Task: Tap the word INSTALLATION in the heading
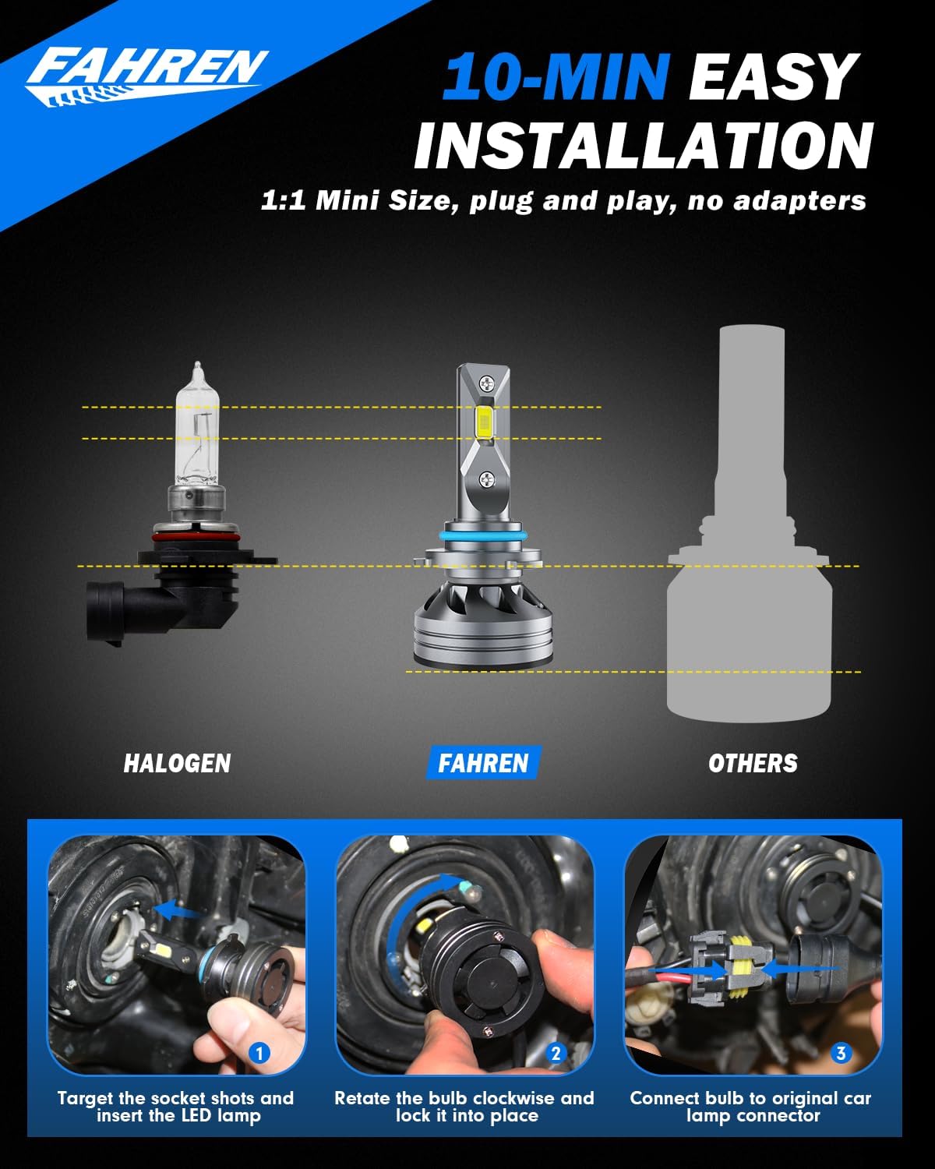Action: pos(644,145)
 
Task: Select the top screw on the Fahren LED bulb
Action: pos(488,382)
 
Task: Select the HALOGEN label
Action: pos(177,763)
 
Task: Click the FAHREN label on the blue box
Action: pos(483,763)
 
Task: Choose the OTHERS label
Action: pos(753,763)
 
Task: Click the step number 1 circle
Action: pos(259,1054)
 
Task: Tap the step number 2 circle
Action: pos(556,1054)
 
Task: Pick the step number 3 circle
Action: pos(840,1054)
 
